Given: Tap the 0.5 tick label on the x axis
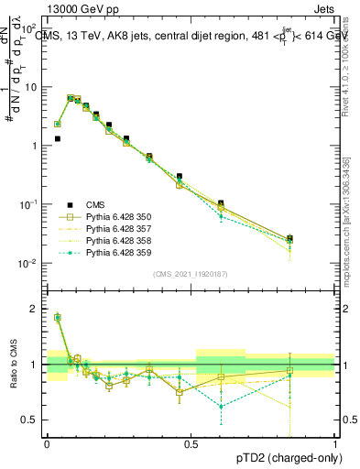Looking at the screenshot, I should [x=191, y=443].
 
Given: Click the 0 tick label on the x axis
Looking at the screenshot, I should [x=48, y=443].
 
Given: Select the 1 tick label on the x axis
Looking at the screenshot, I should [x=334, y=443].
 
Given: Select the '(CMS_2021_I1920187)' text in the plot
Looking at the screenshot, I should [x=191, y=274].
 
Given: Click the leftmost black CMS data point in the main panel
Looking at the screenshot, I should [x=58, y=139].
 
